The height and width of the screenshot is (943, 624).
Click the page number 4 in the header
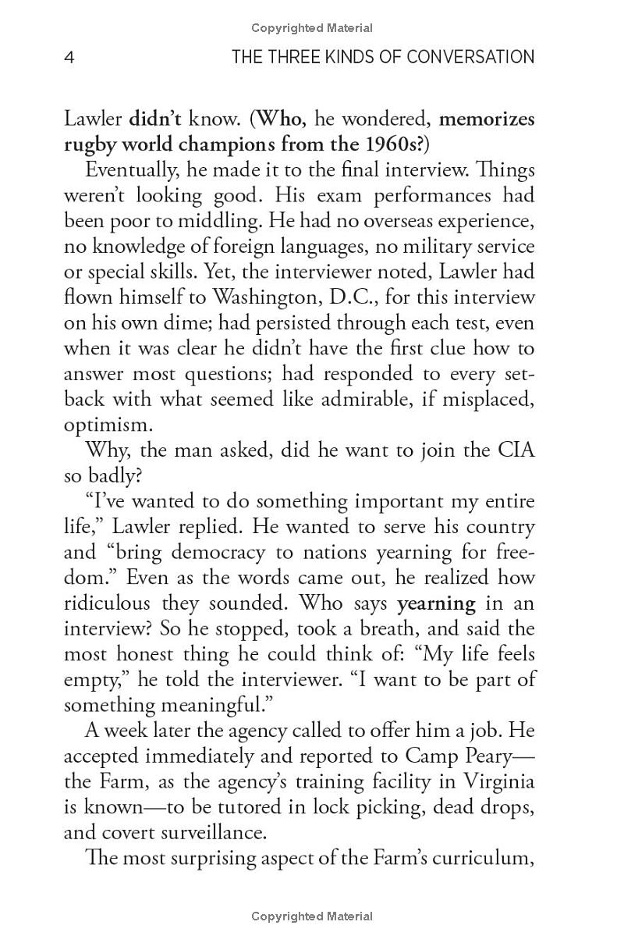click(x=69, y=58)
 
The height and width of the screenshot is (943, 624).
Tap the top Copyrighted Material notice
click(x=312, y=28)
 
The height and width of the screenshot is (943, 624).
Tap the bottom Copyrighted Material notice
click(x=312, y=916)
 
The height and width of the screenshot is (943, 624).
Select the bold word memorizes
click(x=487, y=119)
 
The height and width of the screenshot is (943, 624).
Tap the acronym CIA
click(x=515, y=450)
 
